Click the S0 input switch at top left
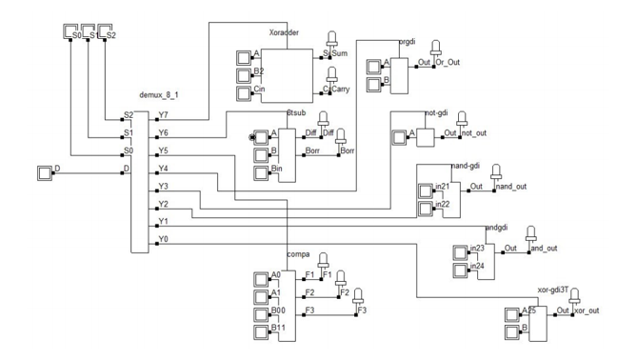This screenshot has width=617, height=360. (71, 35)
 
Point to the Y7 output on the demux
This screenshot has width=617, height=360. (164, 116)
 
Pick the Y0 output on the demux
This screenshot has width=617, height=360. (164, 240)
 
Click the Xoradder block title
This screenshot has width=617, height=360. (285, 32)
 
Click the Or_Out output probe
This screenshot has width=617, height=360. (436, 50)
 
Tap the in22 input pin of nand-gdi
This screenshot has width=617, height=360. (426, 207)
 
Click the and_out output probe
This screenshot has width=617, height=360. (531, 234)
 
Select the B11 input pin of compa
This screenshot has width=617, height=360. (259, 330)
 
